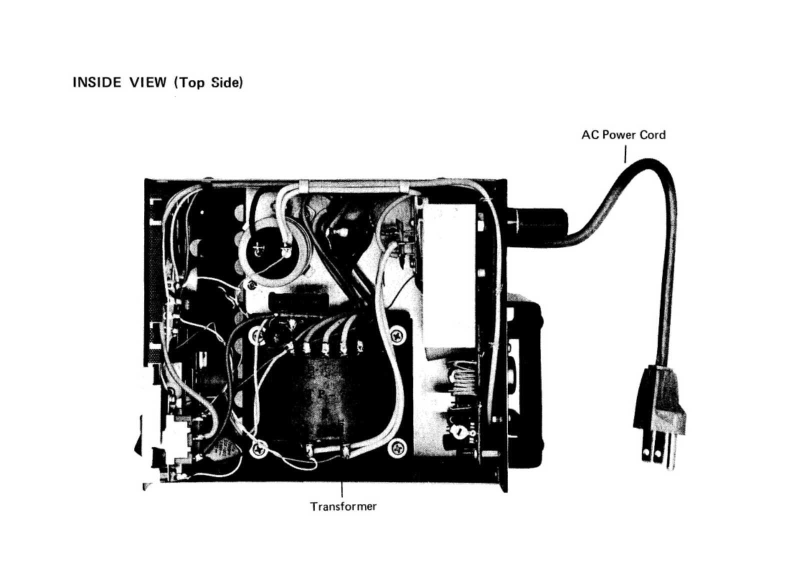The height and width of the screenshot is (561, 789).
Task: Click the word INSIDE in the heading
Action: (x=96, y=82)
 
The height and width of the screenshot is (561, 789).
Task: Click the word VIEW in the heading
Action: (x=148, y=82)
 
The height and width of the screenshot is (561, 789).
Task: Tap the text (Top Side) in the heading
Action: (x=208, y=83)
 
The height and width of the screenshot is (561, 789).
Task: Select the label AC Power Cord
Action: (x=623, y=135)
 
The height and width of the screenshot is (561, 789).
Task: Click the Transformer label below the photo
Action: (x=343, y=506)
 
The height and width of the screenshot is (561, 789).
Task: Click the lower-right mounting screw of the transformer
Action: (x=398, y=447)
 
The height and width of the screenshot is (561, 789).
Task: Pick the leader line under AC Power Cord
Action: (x=625, y=153)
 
